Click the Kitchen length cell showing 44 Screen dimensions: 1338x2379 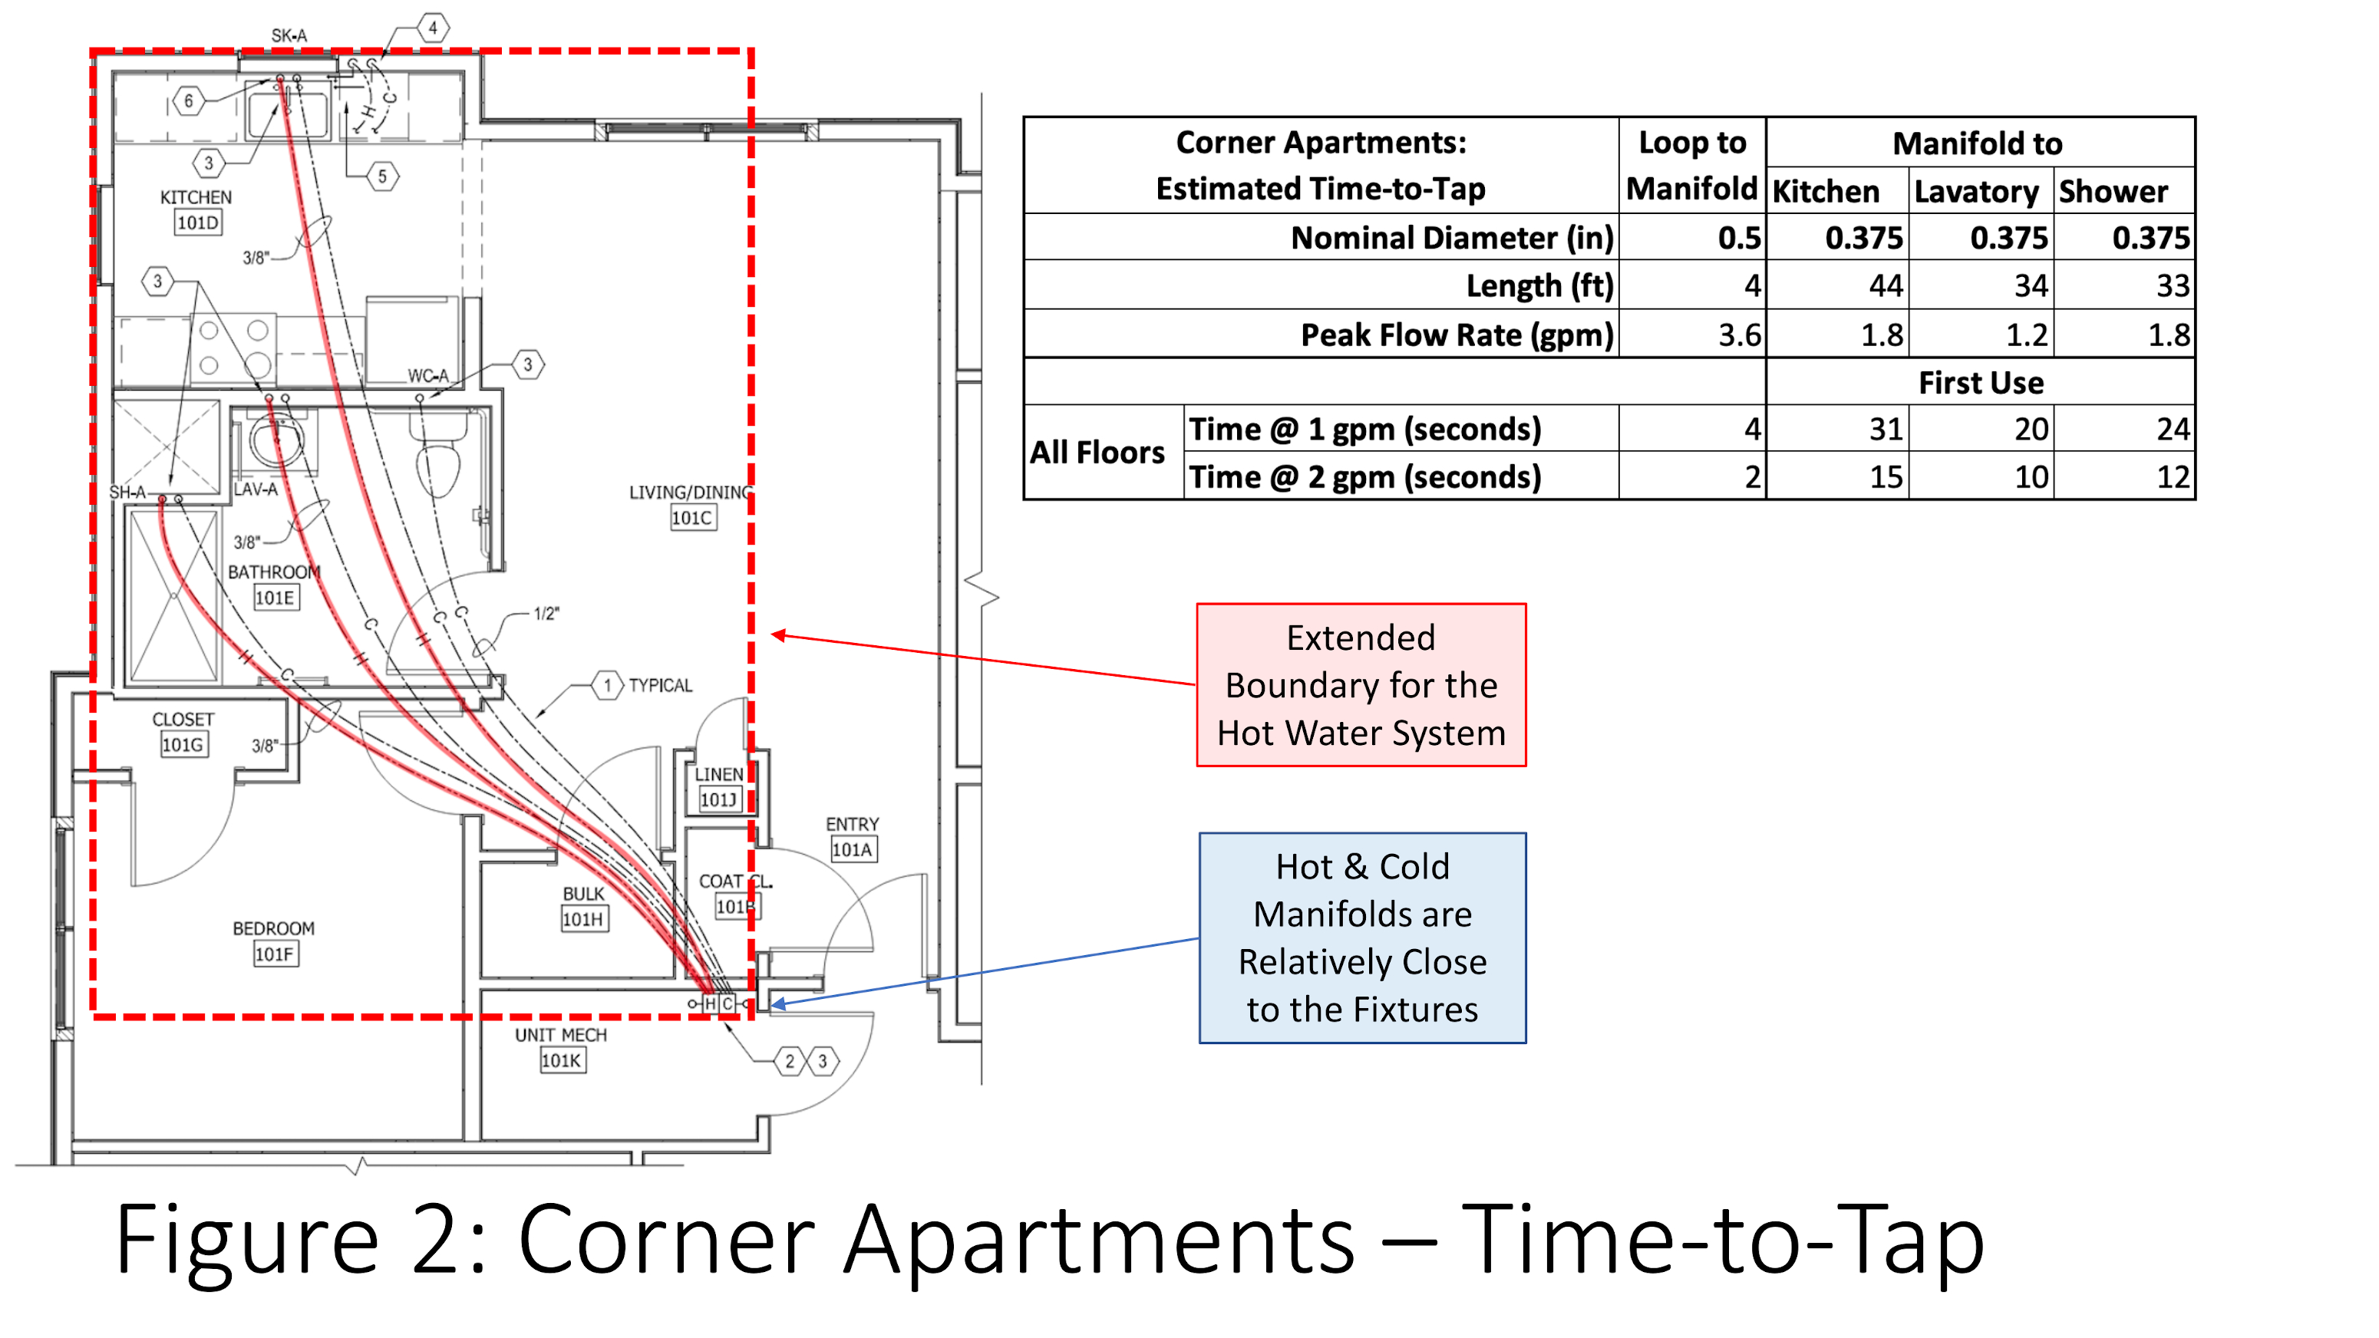(1885, 285)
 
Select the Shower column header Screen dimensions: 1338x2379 (2113, 191)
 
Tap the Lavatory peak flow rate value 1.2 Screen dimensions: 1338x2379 (2026, 334)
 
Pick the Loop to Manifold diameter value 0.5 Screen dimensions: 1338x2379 (1739, 239)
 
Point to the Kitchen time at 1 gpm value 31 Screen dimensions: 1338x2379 (1885, 430)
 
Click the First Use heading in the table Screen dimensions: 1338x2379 (1980, 382)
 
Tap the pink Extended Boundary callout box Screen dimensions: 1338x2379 (1361, 685)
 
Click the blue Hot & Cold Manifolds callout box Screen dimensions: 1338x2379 (1362, 938)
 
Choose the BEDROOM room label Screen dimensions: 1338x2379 (273, 928)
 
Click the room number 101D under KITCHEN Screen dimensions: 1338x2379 (198, 222)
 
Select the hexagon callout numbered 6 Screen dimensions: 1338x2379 (188, 101)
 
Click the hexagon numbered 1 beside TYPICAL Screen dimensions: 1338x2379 (607, 685)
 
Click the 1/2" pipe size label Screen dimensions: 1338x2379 (546, 613)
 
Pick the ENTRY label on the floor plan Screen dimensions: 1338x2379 (852, 824)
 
